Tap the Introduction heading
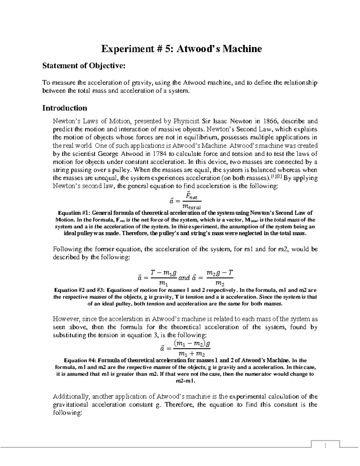[65, 108]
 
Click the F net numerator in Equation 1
[192, 196]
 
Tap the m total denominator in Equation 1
[192, 207]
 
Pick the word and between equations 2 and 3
[184, 278]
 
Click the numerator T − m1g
[161, 273]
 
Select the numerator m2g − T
[220, 273]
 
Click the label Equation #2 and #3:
[79, 290]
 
